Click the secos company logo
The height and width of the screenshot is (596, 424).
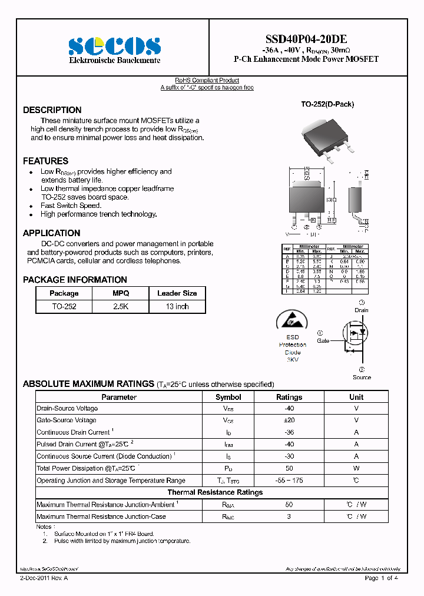(114, 45)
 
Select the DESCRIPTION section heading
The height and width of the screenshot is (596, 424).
(52, 110)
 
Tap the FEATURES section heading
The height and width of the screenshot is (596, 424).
(45, 161)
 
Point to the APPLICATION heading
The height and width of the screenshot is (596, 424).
(51, 233)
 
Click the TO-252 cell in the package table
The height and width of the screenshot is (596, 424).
(64, 306)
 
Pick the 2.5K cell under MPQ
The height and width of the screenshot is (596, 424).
(121, 306)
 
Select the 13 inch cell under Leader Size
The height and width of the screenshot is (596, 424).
(177, 306)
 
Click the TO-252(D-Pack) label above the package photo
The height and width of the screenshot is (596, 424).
(327, 104)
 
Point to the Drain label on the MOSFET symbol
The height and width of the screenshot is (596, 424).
(361, 310)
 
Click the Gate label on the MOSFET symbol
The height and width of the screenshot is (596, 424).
(323, 341)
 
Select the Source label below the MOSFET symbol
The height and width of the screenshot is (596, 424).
(362, 377)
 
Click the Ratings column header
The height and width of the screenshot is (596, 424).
(289, 397)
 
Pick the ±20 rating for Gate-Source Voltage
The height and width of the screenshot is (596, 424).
(289, 420)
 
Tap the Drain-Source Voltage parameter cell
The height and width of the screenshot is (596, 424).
(67, 408)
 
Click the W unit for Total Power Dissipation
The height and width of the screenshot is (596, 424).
(356, 469)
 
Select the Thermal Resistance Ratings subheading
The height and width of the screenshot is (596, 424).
(215, 492)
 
